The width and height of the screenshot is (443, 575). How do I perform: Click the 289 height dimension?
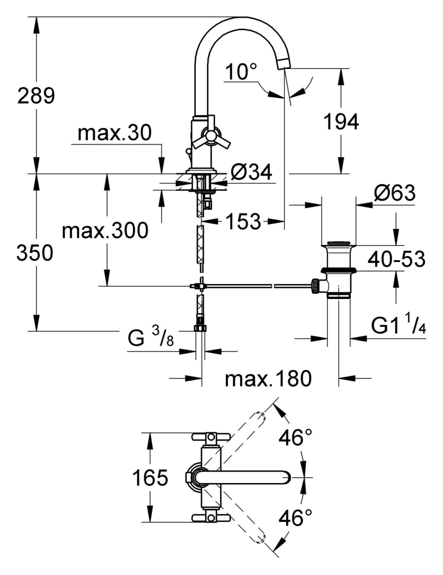pos(36,96)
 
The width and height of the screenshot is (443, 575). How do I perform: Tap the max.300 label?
pos(105,232)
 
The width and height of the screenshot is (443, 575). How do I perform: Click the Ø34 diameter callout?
pos(251,172)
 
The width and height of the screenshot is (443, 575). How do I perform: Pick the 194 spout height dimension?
pos(340,123)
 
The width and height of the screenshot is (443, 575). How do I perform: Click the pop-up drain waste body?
pos(339,268)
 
